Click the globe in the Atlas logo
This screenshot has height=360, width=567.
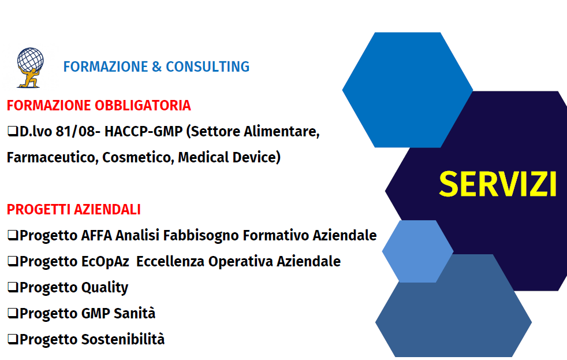[31, 60]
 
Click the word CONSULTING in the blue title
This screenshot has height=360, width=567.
[207, 66]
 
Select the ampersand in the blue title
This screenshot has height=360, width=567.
[156, 66]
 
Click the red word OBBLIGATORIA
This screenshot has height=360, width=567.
[143, 105]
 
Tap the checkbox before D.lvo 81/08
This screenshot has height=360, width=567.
[13, 131]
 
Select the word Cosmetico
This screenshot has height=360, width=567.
[138, 157]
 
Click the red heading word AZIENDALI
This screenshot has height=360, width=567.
[107, 210]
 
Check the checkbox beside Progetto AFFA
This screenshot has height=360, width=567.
[13, 235]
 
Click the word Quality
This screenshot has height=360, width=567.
[105, 287]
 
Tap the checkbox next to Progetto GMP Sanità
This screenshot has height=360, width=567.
[13, 313]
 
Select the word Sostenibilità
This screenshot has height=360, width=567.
[122, 339]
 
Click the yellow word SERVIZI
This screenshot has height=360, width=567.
[498, 184]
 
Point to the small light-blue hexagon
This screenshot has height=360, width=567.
[417, 251]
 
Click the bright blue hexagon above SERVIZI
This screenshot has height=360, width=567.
[408, 90]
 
